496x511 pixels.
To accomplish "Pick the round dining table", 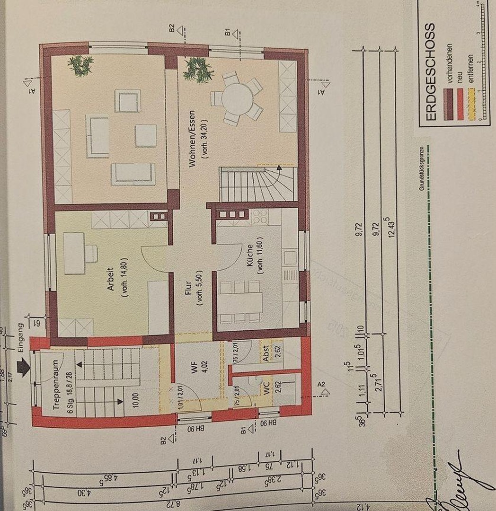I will click(237, 98).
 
